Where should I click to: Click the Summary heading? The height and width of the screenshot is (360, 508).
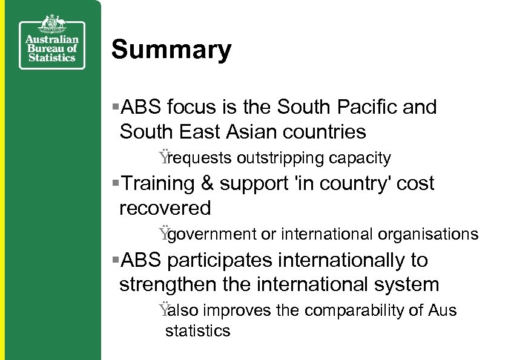pyautogui.click(x=171, y=50)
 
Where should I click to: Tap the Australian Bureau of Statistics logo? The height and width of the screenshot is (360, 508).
pyautogui.click(x=51, y=42)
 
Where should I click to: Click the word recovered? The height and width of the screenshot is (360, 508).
pyautogui.click(x=165, y=208)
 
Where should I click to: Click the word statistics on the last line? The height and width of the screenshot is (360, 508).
pyautogui.click(x=198, y=331)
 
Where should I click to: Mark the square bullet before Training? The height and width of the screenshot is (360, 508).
pyautogui.click(x=116, y=183)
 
